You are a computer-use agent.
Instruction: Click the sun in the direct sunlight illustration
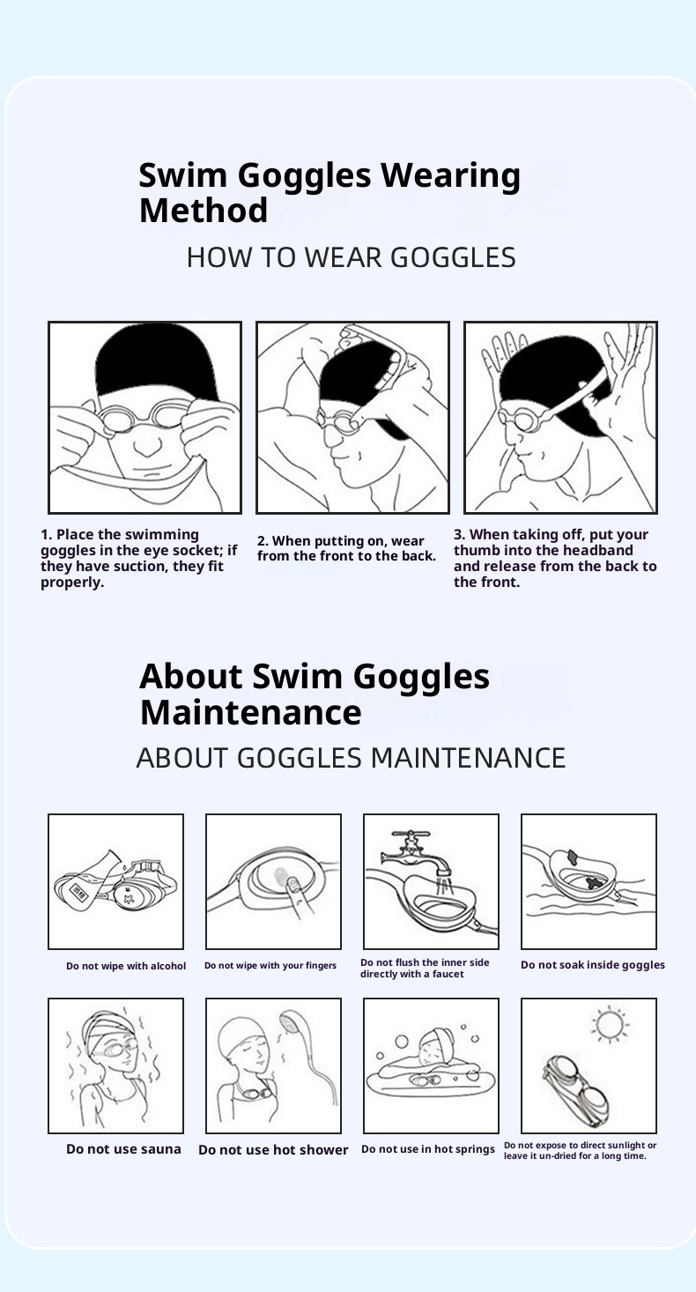point(610,1024)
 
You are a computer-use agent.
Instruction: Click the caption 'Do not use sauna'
point(123,1149)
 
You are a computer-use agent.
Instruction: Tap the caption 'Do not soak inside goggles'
point(593,965)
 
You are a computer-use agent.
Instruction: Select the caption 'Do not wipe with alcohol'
point(126,966)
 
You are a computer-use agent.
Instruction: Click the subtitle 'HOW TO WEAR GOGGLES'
point(352,257)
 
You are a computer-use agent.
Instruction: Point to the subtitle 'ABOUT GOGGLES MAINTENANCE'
point(351,757)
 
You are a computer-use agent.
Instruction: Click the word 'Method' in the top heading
point(204,210)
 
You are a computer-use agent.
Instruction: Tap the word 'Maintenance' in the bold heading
point(251,712)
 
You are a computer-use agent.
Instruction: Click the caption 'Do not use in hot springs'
point(428,1149)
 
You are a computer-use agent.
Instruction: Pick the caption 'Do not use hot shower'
point(273,1149)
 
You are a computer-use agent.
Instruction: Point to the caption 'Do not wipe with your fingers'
point(270,966)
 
